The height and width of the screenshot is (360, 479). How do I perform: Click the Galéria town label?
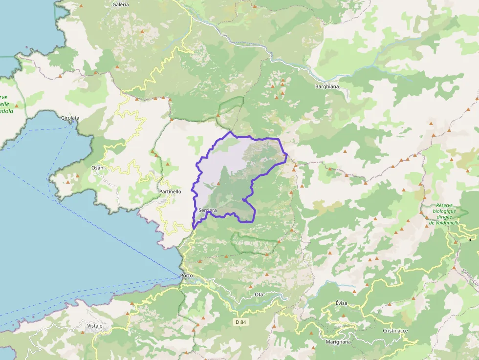pyautogui.click(x=120, y=4)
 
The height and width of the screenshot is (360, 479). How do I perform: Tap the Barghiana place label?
pyautogui.click(x=327, y=86)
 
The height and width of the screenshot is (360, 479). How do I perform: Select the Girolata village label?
pyautogui.click(x=70, y=118)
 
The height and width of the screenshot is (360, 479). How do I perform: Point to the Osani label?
pyautogui.click(x=98, y=168)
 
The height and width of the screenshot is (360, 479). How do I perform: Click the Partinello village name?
pyautogui.click(x=170, y=191)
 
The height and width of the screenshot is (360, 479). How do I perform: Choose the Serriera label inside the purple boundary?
pyautogui.click(x=208, y=210)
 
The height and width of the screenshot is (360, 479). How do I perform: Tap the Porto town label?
pyautogui.click(x=186, y=275)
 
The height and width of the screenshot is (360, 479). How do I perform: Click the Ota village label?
pyautogui.click(x=259, y=295)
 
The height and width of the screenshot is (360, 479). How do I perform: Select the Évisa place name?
pyautogui.click(x=341, y=303)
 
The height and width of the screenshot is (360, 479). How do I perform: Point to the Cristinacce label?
pyautogui.click(x=395, y=331)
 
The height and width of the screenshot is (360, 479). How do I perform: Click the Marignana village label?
pyautogui.click(x=338, y=342)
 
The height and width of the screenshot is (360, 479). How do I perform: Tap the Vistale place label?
pyautogui.click(x=95, y=325)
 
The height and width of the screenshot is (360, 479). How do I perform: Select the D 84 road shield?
pyautogui.click(x=239, y=322)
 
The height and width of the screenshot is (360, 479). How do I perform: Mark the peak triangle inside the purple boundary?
pyautogui.click(x=218, y=184)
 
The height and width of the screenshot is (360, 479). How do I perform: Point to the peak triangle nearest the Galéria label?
pyautogui.click(x=142, y=32)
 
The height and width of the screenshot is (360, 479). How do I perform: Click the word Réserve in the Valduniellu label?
pyautogui.click(x=445, y=206)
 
